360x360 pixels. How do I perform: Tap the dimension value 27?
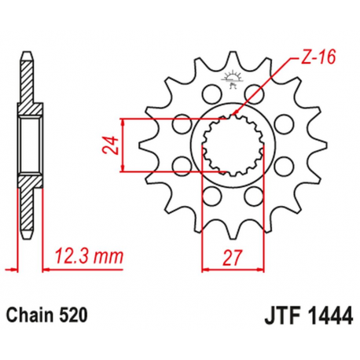[x=230, y=255]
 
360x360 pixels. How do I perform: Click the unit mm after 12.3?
[x=110, y=254]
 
